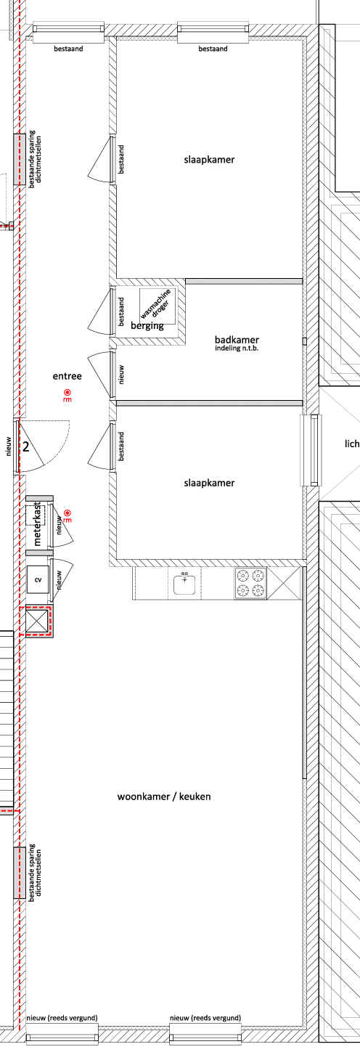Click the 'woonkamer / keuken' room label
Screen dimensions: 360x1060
coord(164,796)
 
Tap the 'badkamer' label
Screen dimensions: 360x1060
coord(237,339)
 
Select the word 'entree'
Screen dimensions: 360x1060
coord(67,376)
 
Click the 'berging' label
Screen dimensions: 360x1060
coord(147,325)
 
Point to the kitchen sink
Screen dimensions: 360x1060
coord(185,583)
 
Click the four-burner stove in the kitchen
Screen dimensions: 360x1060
coord(250,583)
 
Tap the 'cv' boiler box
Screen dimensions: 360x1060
coord(38,579)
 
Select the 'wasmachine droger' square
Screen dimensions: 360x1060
coord(157,306)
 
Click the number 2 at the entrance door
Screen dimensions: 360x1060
coord(26,447)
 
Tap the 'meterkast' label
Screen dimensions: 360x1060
coord(38,524)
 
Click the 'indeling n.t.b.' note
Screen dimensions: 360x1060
coord(237,348)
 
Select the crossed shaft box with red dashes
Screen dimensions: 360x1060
coord(37,620)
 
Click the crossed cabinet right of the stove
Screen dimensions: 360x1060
coord(284,583)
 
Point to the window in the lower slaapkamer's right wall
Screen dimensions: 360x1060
coord(312,450)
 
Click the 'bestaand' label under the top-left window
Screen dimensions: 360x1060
coord(69,48)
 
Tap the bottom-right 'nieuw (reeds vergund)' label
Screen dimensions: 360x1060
coord(205,1018)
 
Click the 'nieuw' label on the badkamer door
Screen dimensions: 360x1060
coord(121,375)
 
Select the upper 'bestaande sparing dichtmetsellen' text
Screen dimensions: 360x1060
coord(35,160)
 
